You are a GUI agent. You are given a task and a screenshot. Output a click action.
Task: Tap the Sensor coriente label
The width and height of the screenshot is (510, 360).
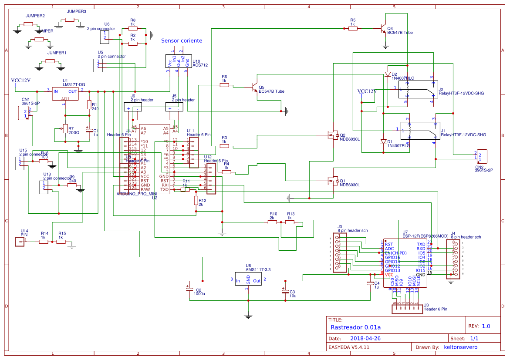(x=182, y=40)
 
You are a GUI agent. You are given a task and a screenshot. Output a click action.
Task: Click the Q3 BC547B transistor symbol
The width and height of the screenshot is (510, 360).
(x=383, y=29)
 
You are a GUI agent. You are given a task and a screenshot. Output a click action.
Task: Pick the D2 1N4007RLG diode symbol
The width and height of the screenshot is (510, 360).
(x=388, y=74)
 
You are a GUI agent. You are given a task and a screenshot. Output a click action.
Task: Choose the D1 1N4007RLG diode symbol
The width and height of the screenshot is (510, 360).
(x=383, y=142)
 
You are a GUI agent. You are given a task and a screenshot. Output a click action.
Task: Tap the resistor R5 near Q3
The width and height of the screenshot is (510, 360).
(x=353, y=28)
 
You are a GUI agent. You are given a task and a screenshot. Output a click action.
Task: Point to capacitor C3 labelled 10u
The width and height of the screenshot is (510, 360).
(x=285, y=290)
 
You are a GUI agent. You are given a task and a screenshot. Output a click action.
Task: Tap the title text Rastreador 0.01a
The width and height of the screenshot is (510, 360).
(x=356, y=327)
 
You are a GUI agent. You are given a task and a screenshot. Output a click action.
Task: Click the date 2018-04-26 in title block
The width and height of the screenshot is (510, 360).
(x=365, y=338)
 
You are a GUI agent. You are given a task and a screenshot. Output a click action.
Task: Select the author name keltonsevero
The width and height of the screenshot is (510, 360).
(x=460, y=347)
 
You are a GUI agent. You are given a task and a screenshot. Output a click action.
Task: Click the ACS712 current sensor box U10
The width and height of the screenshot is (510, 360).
(x=177, y=61)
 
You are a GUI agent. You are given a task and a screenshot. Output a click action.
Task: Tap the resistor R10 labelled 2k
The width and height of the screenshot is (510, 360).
(x=272, y=222)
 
